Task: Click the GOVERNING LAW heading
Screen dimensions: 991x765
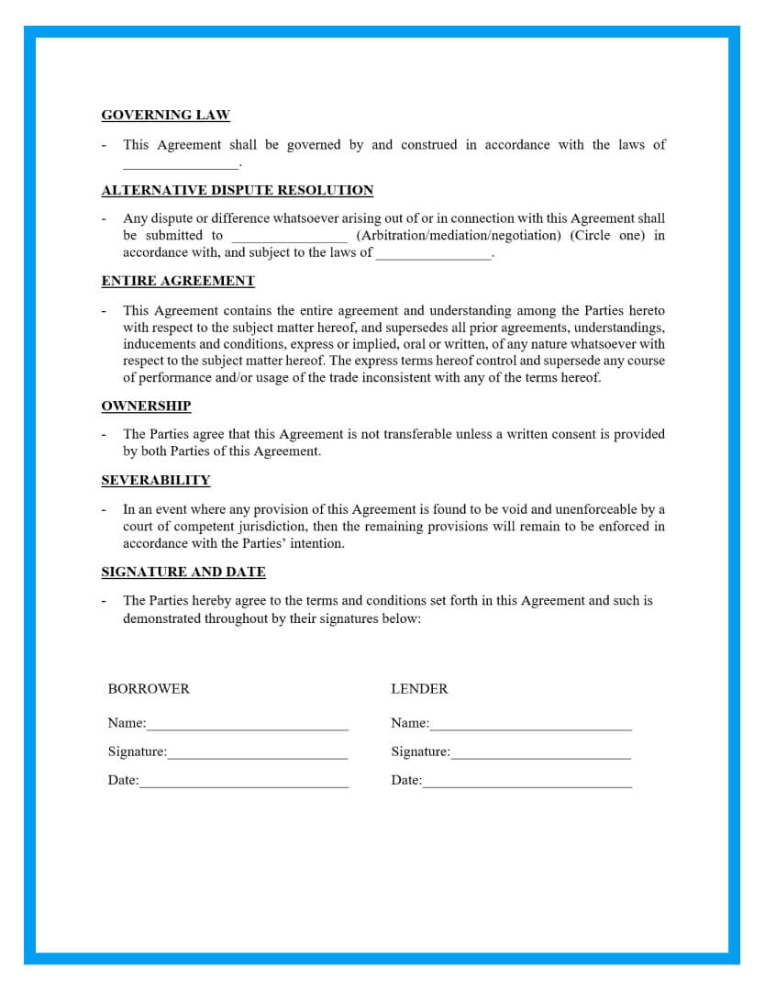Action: [165, 116]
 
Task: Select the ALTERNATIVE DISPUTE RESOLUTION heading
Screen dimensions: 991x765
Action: [238, 191]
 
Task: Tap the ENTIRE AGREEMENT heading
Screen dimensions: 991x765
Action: [178, 281]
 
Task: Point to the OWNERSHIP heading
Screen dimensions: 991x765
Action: [146, 406]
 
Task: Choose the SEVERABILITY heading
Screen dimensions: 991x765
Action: [156, 481]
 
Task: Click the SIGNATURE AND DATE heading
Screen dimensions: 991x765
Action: [183, 573]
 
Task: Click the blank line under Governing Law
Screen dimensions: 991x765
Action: [180, 166]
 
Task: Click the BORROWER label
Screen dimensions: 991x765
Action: [149, 689]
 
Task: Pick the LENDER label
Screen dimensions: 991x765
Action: [419, 689]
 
